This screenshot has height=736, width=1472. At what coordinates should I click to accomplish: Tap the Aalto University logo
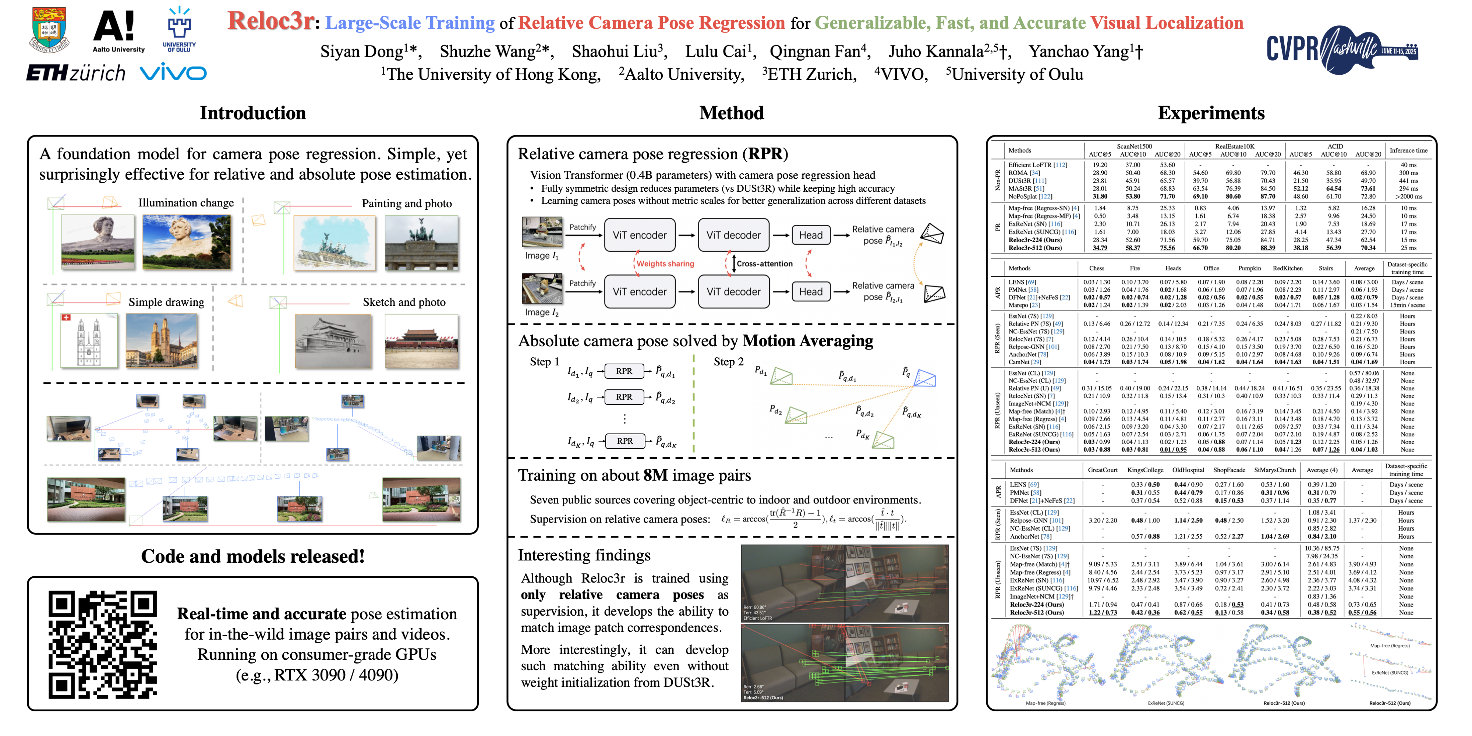pyautogui.click(x=118, y=31)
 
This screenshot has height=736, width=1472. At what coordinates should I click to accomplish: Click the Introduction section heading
pyautogui.click(x=252, y=113)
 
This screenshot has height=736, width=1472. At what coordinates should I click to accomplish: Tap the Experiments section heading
pyautogui.click(x=1211, y=113)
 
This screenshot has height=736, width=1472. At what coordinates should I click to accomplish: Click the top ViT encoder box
pyautogui.click(x=640, y=235)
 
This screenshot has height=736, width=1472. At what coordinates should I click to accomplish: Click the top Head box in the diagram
pyautogui.click(x=810, y=235)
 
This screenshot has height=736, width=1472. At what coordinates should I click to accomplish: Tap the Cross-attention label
pyautogui.click(x=764, y=263)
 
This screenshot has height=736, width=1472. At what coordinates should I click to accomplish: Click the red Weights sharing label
pyautogui.click(x=665, y=263)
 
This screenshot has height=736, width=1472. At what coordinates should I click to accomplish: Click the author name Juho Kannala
pyautogui.click(x=935, y=52)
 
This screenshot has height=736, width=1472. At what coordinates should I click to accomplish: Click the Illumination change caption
pyautogui.click(x=186, y=203)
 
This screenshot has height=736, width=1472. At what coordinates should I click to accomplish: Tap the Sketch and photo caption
pyautogui.click(x=404, y=302)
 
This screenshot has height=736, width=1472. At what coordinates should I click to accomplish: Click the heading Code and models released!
pyautogui.click(x=252, y=556)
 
